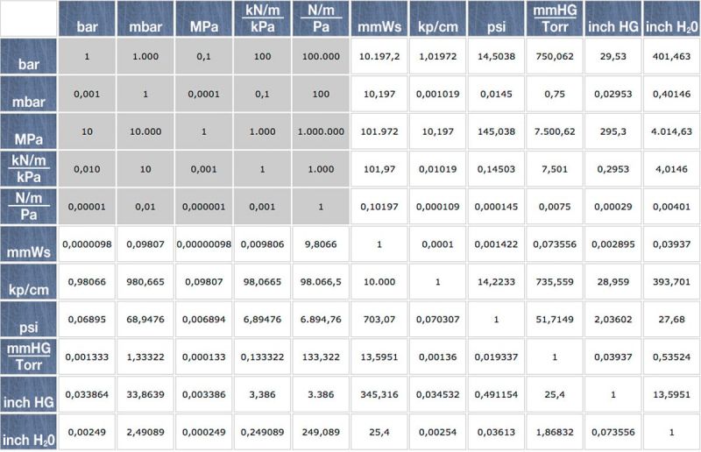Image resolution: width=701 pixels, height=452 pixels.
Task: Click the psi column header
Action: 496,27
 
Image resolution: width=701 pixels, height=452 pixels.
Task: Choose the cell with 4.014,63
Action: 671,131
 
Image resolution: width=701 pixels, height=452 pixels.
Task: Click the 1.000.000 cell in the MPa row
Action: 321,131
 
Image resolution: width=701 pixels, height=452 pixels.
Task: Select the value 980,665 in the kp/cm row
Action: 145,282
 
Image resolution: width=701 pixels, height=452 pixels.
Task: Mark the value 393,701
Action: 671,282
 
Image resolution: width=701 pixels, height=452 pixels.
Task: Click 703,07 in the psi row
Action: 379,320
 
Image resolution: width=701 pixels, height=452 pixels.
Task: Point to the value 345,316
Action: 379,395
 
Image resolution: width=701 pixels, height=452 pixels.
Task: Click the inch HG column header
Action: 612,27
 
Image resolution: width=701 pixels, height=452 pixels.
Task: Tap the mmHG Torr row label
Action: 29,357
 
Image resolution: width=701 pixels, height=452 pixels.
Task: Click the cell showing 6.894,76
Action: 321,320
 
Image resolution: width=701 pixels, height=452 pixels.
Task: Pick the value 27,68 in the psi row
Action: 671,320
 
